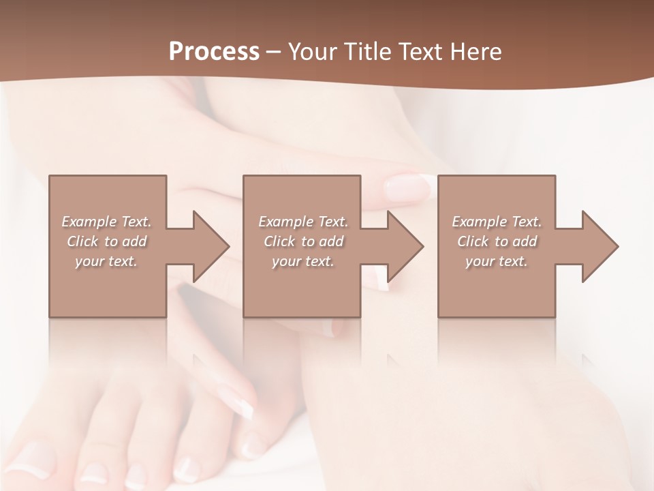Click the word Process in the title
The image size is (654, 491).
coord(214,52)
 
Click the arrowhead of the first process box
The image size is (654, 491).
coord(211,246)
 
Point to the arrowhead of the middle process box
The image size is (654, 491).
coord(405,246)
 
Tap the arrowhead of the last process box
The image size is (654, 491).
coord(600,246)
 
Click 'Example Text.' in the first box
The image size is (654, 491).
coord(106,222)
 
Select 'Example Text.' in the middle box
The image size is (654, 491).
coord(303,222)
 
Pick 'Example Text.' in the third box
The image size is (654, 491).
coord(497,222)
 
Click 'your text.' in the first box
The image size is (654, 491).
coord(106,261)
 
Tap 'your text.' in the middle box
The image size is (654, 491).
coord(303,261)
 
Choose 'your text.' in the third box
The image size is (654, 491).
coord(497,261)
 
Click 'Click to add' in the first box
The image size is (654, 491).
coord(106,241)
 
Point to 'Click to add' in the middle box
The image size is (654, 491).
coord(303,241)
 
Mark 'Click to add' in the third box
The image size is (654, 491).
coord(497,241)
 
